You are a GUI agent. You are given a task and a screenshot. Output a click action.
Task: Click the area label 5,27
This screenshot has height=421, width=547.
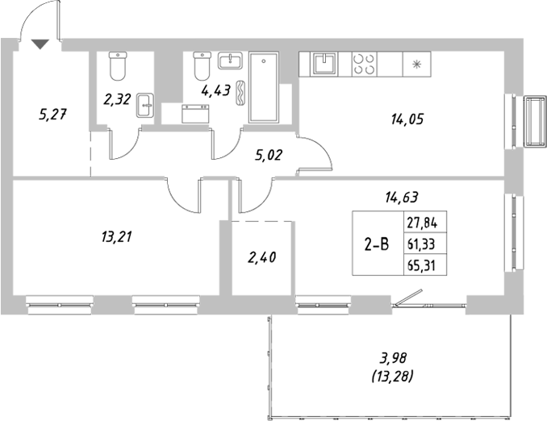coord(52,114)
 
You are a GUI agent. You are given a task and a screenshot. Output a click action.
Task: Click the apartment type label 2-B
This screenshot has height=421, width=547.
coord(375,240)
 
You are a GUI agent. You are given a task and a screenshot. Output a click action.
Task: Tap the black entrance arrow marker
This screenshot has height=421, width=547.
coord(41,44)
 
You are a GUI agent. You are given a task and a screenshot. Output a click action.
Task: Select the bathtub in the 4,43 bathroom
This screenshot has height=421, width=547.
coord(265,88)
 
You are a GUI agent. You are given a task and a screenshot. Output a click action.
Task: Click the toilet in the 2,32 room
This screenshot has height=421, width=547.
coord(119,65)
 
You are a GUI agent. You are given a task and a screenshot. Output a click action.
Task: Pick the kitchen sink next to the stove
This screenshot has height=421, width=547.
coord(326,64)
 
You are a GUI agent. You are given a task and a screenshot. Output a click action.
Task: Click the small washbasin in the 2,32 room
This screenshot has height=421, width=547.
coord(145,105)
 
